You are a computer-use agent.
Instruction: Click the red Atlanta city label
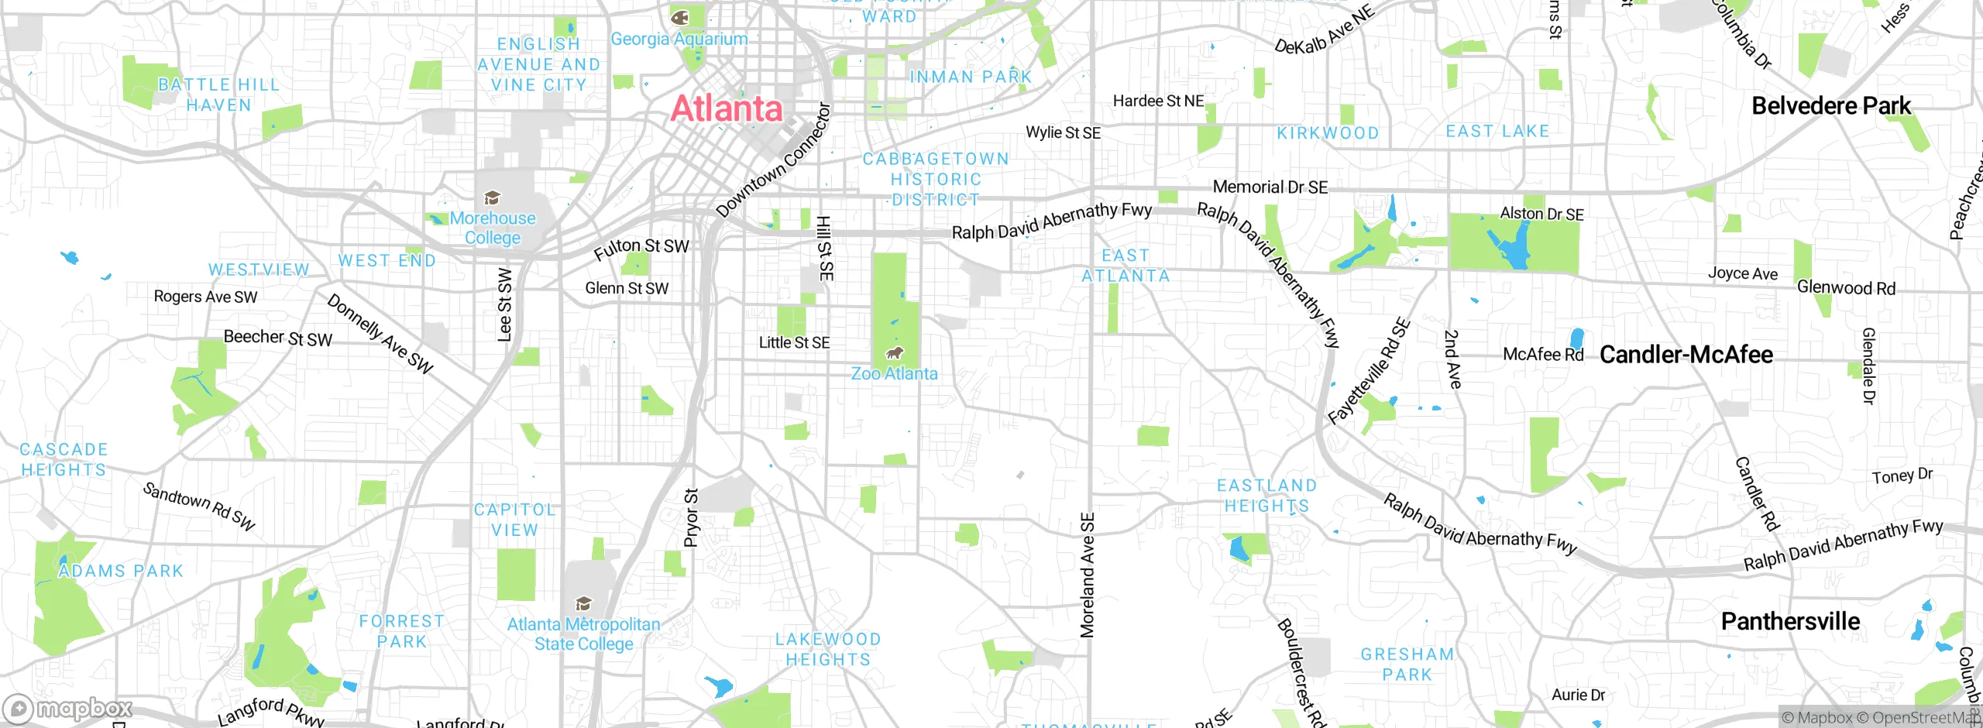pos(727,108)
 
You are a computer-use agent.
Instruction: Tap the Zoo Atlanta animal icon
pos(895,354)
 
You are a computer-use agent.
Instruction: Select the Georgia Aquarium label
pos(679,39)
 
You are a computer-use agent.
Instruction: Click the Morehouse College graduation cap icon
pos(491,198)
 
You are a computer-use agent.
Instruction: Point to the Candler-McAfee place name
pos(1686,355)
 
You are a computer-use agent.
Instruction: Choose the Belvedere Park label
pos(1831,106)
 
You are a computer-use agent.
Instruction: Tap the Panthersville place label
pos(1790,621)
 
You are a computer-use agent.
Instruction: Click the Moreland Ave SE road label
pos(1088,575)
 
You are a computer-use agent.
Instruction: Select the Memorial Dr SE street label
pos(1270,187)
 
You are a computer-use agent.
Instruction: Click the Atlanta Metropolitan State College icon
pos(583,603)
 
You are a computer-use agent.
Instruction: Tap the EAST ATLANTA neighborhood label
pos(1126,266)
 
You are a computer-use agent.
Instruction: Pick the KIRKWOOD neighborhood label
pos(1328,133)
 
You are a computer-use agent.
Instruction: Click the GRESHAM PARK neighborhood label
pos(1407,664)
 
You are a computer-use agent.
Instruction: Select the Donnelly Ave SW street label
pos(380,334)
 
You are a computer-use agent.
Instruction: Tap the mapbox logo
pos(68,709)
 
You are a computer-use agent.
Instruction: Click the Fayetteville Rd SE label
pos(1370,372)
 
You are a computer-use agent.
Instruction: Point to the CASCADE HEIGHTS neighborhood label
pos(64,459)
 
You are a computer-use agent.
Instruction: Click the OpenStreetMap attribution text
pos(1925,718)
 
